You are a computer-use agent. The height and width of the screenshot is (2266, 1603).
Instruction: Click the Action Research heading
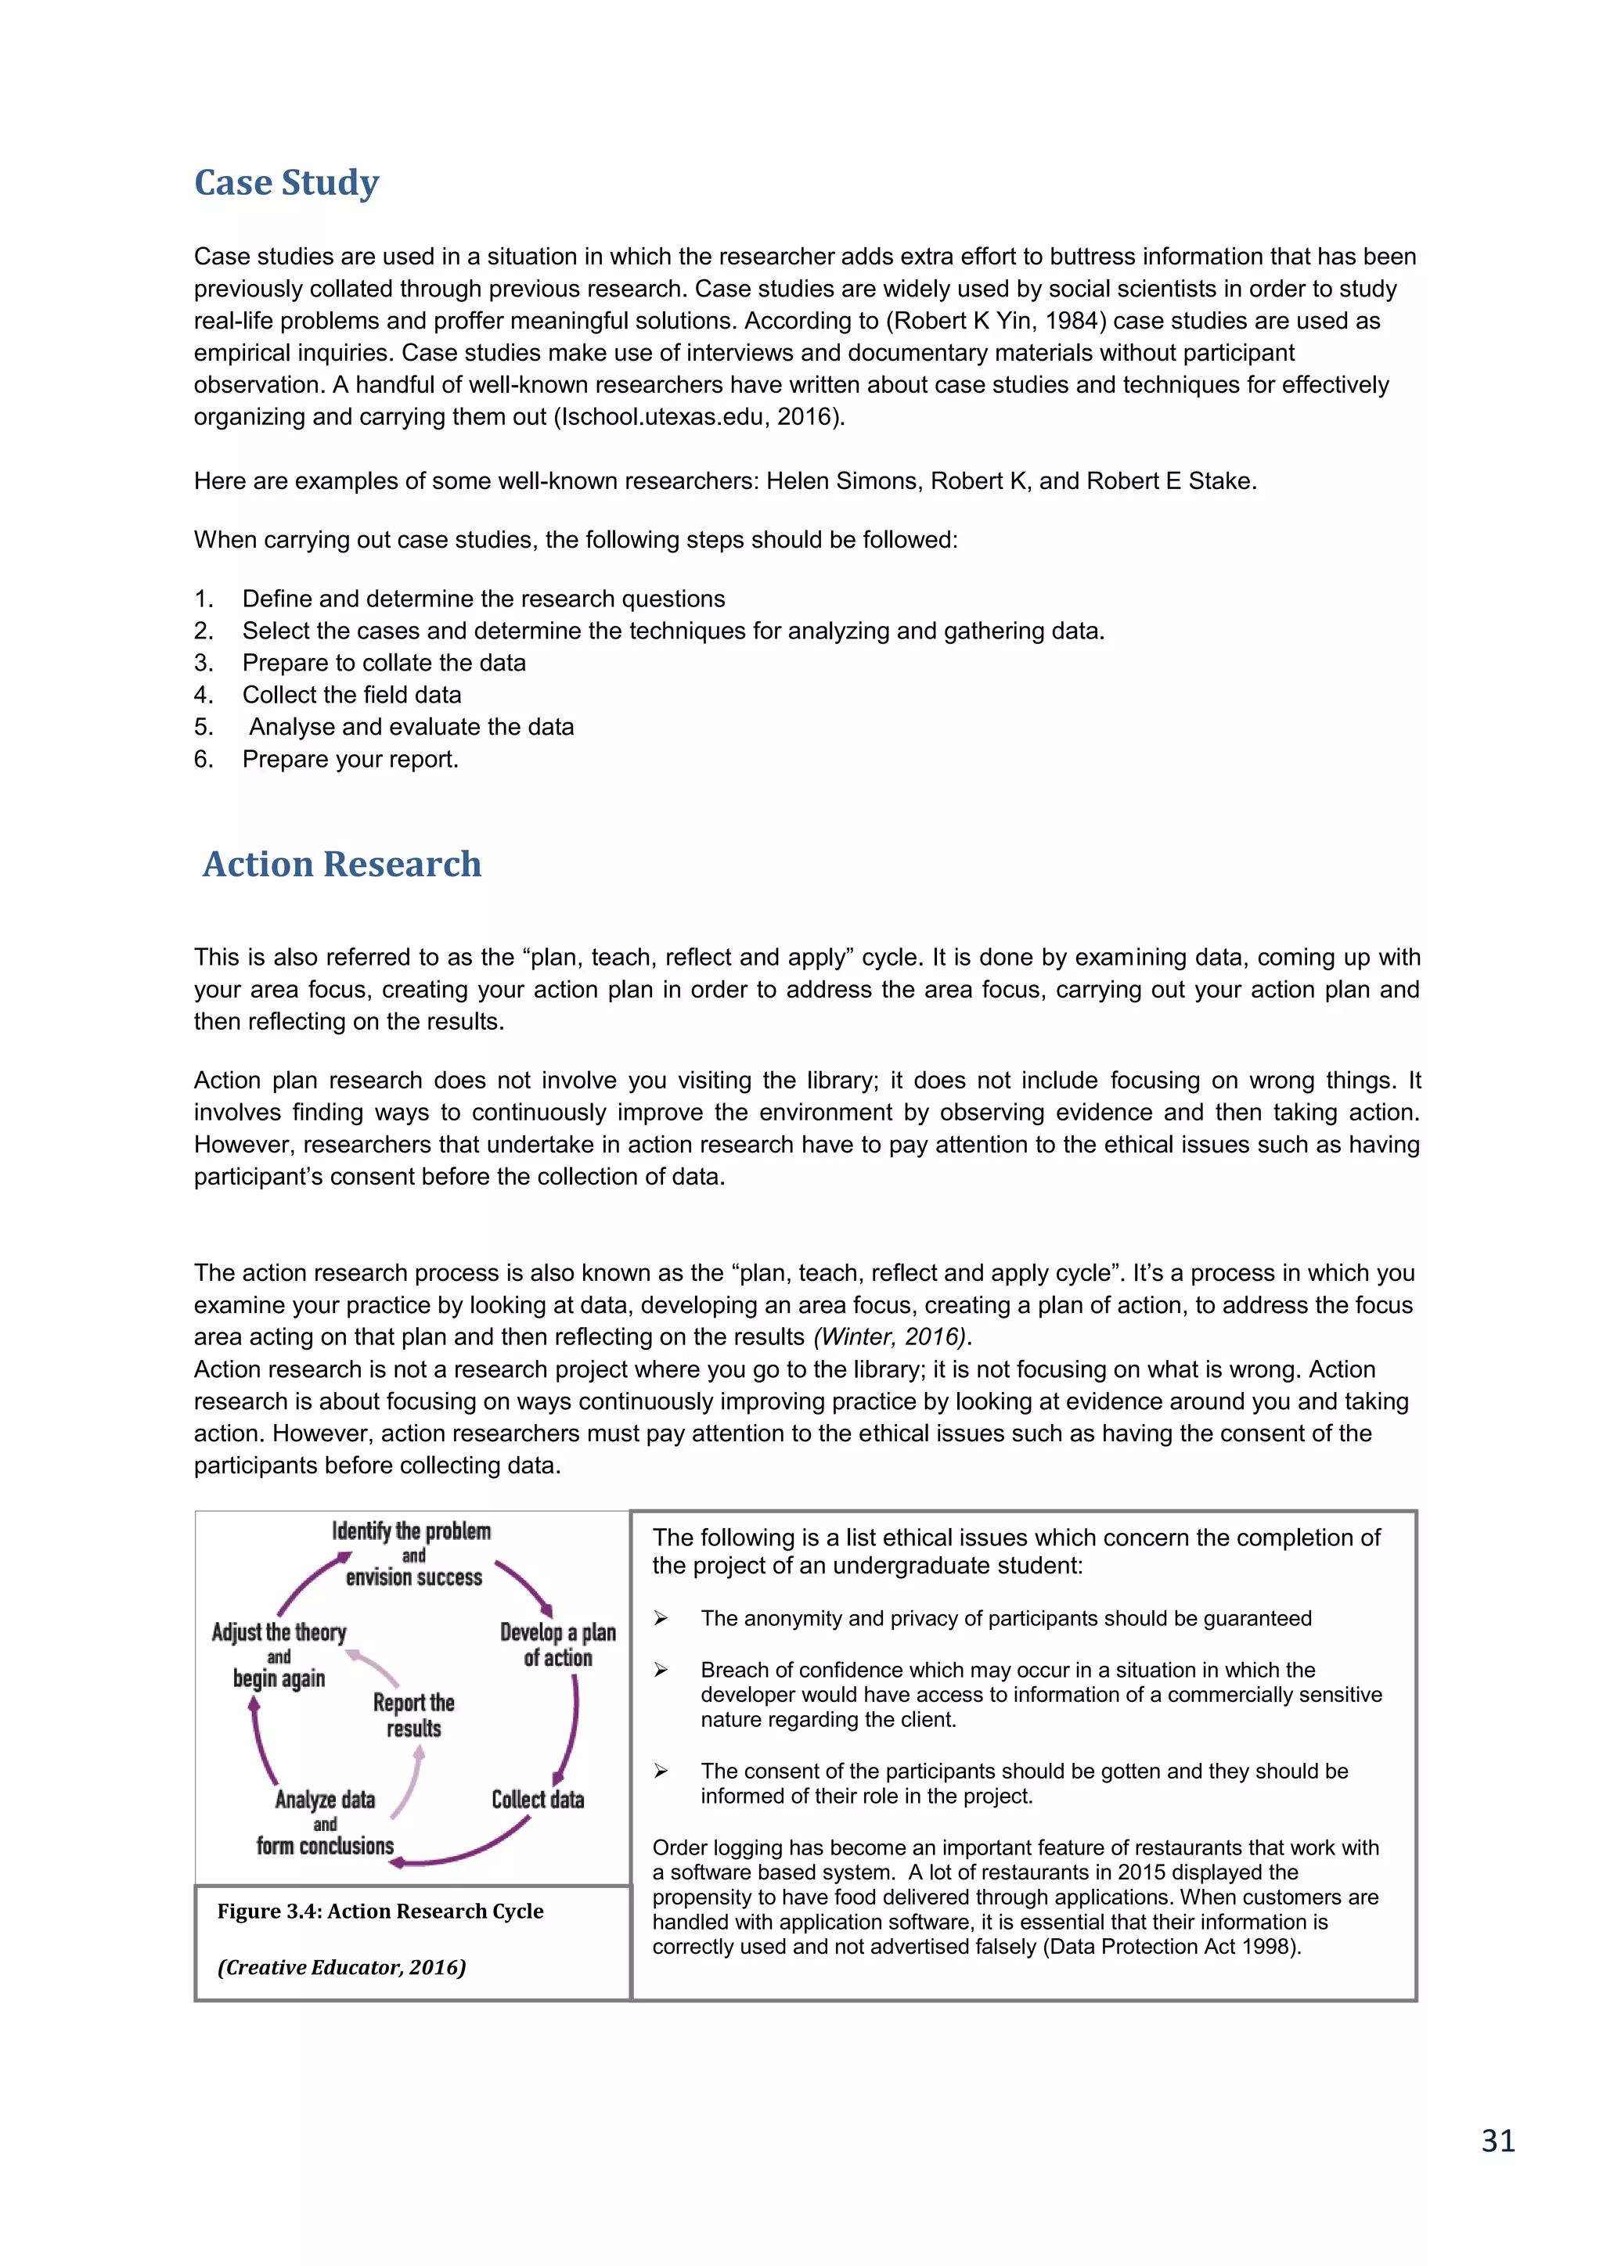341,864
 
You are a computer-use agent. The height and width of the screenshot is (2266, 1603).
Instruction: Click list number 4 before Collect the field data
203,695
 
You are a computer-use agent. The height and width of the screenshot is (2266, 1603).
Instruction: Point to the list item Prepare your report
351,759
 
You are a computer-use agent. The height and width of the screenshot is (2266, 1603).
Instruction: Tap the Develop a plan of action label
558,1646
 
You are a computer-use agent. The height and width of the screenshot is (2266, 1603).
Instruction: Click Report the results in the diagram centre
413,1715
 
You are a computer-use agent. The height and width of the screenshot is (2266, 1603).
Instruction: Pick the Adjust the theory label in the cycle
279,1632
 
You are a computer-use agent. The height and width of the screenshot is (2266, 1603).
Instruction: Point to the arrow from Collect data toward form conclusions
464,1851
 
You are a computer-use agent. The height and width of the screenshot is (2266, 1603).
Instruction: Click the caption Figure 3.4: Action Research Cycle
380,1912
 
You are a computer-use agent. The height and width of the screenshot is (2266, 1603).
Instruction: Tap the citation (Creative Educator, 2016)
341,1968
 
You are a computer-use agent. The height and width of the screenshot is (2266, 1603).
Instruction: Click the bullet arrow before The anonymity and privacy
661,1619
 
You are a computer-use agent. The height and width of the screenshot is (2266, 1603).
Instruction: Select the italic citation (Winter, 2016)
892,1337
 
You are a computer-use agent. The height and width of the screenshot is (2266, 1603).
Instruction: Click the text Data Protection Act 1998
1172,1948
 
